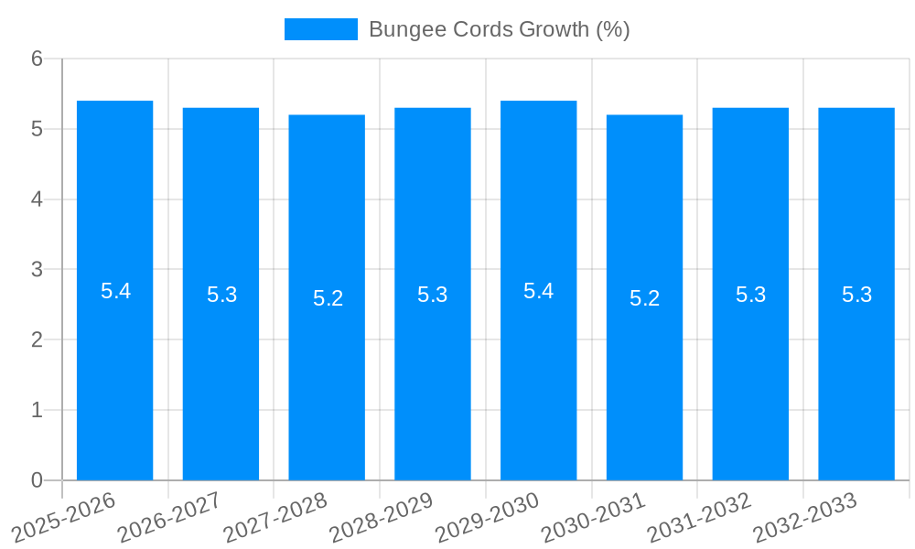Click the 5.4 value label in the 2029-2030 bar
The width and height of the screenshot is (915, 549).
tap(538, 291)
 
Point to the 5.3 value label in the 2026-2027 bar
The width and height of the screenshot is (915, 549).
tap(221, 295)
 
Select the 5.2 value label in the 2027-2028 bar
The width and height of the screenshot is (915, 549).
tap(328, 298)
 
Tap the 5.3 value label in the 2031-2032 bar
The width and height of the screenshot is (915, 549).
tap(750, 295)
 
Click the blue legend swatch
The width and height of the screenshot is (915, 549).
tap(320, 29)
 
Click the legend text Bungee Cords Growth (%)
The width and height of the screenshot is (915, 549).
tap(499, 29)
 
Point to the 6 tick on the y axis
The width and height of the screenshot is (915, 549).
tap(38, 59)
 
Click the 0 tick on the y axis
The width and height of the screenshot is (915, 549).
tap(38, 480)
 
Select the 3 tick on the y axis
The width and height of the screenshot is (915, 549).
tap(38, 270)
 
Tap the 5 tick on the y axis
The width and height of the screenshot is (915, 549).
tap(38, 129)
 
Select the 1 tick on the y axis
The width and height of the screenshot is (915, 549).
tap(38, 410)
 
